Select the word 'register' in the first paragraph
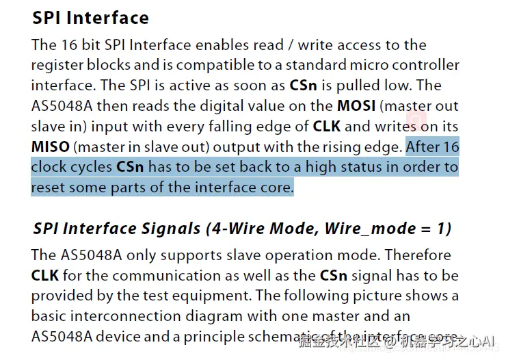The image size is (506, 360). pyautogui.click(x=57, y=66)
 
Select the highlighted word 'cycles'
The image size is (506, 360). pyautogui.click(x=92, y=167)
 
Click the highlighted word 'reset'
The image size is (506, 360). pyautogui.click(x=49, y=187)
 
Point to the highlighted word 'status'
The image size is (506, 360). pyautogui.click(x=371, y=167)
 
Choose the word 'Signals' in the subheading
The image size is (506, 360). pyautogui.click(x=172, y=229)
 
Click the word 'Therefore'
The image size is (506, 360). pyautogui.click(x=417, y=255)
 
